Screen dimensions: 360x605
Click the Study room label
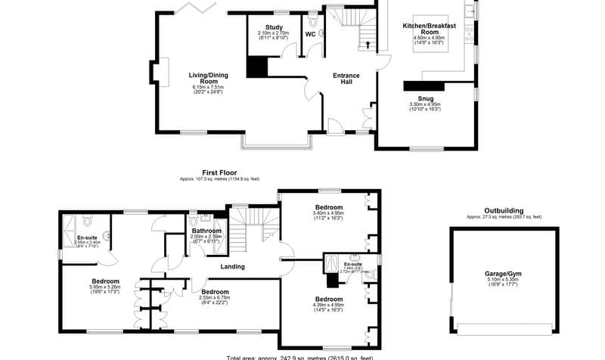(x=273, y=28)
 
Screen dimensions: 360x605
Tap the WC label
(x=310, y=35)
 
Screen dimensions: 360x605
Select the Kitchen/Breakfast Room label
(x=430, y=29)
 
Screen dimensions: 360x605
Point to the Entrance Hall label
(x=346, y=79)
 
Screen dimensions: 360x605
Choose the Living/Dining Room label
(x=208, y=78)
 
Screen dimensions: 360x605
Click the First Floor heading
(x=219, y=172)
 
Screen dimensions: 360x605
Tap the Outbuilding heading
(x=504, y=211)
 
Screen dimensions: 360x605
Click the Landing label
(x=233, y=266)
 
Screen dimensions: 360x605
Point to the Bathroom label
(x=206, y=231)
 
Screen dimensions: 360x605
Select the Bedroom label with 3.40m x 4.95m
(x=328, y=207)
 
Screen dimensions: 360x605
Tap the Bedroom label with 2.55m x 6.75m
(x=216, y=291)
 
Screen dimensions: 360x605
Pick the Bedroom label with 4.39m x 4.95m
(x=328, y=299)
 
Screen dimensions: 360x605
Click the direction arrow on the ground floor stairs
(x=368, y=43)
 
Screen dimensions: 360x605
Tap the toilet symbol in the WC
(x=321, y=33)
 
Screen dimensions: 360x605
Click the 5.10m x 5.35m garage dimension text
(x=504, y=280)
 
